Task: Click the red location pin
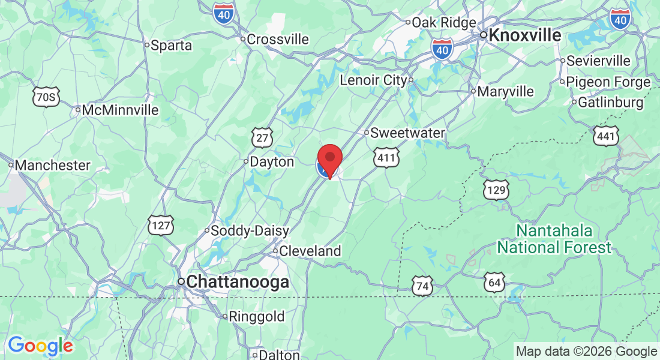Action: (x=329, y=159)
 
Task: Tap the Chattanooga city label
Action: (x=238, y=283)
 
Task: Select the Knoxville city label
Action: (x=524, y=35)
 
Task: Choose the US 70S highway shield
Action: (x=46, y=96)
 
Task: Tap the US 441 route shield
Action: (x=606, y=137)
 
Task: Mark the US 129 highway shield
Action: (x=496, y=190)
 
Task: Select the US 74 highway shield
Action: (x=422, y=286)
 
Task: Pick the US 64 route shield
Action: (x=495, y=281)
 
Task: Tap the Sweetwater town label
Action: (x=407, y=133)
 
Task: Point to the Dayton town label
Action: (x=272, y=162)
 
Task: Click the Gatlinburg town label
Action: (x=610, y=103)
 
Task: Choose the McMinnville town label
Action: (x=120, y=110)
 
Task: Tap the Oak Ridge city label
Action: (x=443, y=22)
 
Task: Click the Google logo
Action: (x=40, y=346)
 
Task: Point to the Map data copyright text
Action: (x=586, y=352)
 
